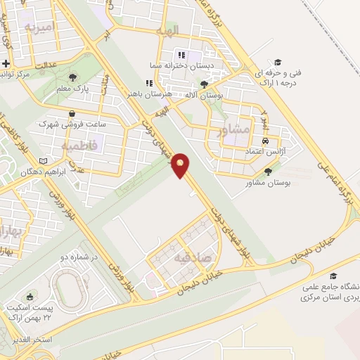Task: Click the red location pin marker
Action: (x=182, y=166)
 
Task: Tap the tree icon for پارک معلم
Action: (x=73, y=77)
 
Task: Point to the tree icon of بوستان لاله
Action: (x=204, y=84)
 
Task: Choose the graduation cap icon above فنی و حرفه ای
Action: (x=277, y=61)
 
